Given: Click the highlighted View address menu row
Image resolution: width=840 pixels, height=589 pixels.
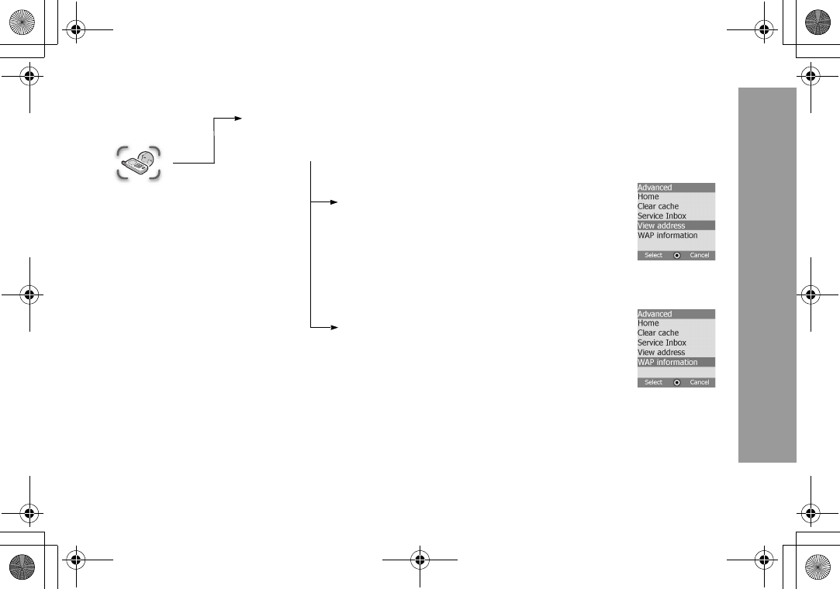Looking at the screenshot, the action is (x=676, y=226).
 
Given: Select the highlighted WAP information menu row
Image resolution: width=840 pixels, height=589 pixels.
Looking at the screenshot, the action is (x=676, y=362).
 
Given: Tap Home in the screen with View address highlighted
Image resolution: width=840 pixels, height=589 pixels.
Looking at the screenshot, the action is (x=648, y=197).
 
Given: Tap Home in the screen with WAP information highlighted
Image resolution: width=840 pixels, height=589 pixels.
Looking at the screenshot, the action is (x=648, y=323).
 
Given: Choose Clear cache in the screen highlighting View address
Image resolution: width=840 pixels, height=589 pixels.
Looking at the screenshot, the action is (x=658, y=206).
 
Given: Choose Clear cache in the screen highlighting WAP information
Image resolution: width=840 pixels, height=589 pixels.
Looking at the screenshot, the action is (x=658, y=333).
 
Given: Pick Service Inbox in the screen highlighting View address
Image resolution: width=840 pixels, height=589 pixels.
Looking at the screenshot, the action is (x=662, y=216).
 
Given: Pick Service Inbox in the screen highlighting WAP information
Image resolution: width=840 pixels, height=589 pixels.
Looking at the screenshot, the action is (x=662, y=343).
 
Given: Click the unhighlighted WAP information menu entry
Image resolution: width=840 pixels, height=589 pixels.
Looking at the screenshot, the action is (x=667, y=236).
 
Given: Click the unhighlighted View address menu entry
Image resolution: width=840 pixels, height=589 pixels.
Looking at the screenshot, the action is (x=661, y=353).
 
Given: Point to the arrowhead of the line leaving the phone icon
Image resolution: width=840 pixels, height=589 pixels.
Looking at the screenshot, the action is (x=238, y=119).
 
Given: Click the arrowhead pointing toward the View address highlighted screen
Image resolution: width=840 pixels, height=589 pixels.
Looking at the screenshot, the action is (x=334, y=201).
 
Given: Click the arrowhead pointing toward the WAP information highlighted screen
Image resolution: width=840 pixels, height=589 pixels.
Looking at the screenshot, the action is (x=334, y=328).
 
